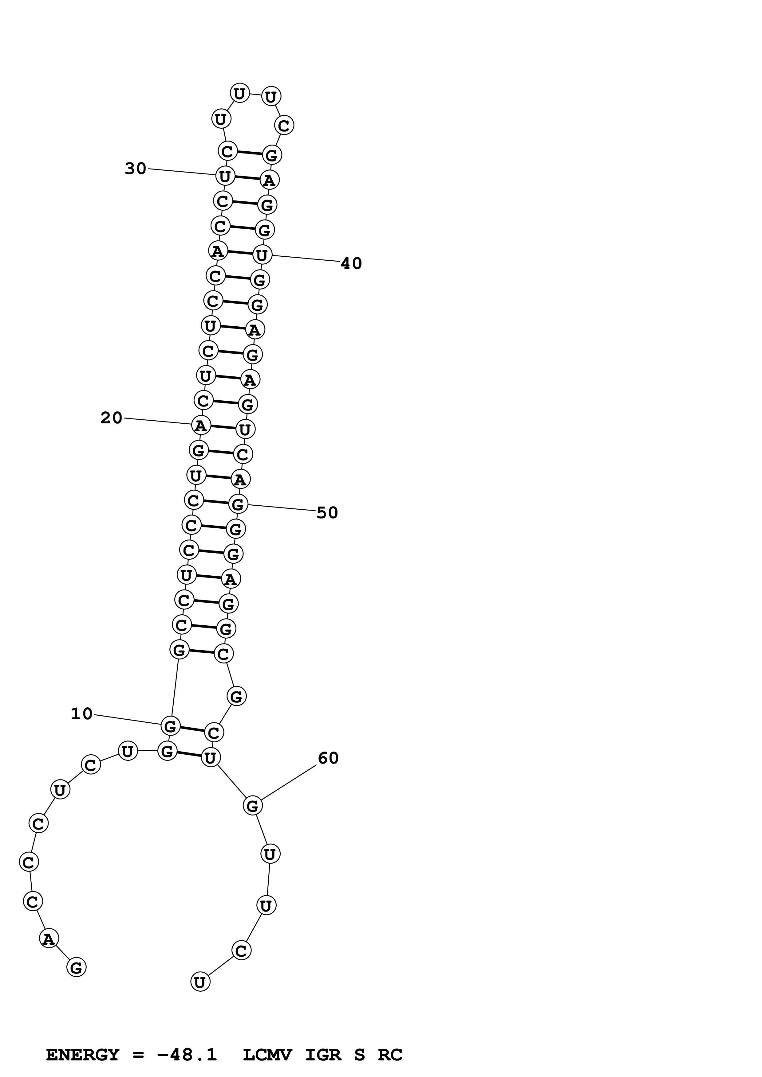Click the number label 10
(x=82, y=714)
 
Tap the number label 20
(x=111, y=418)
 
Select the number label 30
(x=135, y=169)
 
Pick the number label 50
(x=327, y=513)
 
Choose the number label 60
(x=328, y=758)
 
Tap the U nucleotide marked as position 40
(x=262, y=255)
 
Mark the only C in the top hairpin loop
(x=284, y=126)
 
